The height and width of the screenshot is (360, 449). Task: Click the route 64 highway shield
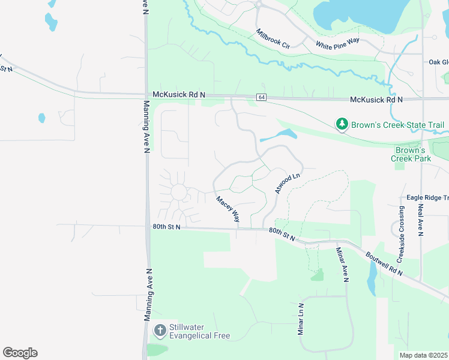261,97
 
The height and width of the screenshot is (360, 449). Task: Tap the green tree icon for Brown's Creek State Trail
342,124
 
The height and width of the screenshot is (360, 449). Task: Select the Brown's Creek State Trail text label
397,125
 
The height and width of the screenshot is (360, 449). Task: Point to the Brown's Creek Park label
411,154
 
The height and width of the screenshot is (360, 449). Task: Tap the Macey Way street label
228,209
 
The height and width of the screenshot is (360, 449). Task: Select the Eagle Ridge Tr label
427,197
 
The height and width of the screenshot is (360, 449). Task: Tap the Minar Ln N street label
301,319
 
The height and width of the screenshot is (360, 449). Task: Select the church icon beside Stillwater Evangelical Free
160,330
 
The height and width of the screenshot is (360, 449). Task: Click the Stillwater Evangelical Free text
199,331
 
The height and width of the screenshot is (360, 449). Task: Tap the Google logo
20,353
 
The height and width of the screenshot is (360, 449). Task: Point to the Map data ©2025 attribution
423,355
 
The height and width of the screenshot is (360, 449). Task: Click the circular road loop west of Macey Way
179,192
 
